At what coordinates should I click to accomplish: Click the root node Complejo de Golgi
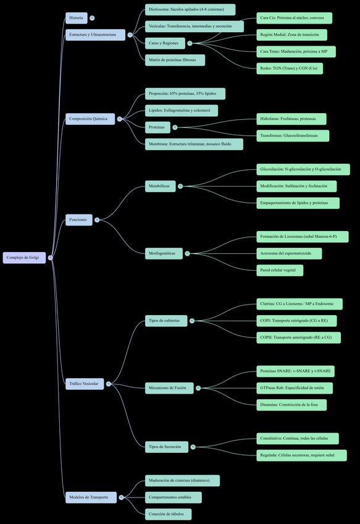[x=24, y=258]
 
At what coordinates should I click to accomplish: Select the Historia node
[x=77, y=18]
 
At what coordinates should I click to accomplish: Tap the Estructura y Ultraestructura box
[x=96, y=35]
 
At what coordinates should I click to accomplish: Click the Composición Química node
[x=90, y=119]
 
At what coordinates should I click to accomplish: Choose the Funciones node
[x=79, y=220]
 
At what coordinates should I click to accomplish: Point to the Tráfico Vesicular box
[x=85, y=384]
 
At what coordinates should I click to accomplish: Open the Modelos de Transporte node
[x=91, y=497]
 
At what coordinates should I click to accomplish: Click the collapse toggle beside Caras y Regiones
[x=190, y=43]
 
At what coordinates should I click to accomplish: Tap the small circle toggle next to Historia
[x=92, y=18]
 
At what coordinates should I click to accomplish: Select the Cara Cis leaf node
[x=294, y=18]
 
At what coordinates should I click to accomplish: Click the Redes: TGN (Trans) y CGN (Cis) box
[x=290, y=69]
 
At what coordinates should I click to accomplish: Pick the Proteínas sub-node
[x=157, y=127]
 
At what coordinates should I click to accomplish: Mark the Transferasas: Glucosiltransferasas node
[x=293, y=136]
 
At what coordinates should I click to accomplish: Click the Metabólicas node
[x=161, y=186]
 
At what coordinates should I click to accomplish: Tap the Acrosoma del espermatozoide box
[x=289, y=253]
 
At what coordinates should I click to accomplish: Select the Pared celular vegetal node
[x=280, y=271]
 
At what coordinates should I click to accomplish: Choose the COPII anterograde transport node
[x=298, y=337]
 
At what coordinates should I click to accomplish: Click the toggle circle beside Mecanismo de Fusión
[x=198, y=388]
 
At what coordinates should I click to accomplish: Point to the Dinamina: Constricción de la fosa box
[x=291, y=405]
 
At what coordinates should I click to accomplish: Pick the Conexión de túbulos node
[x=169, y=514]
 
